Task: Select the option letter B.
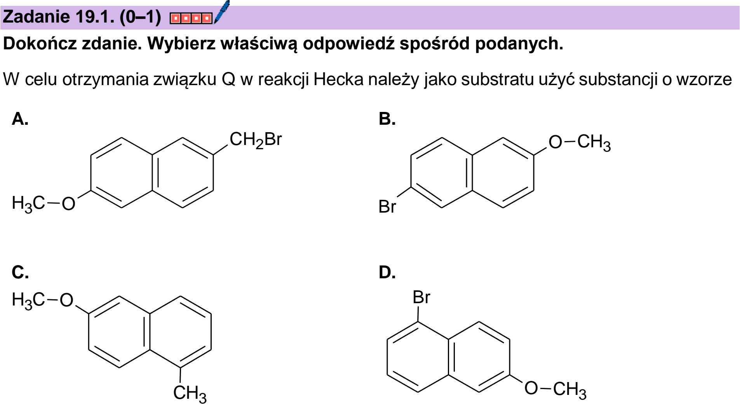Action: coord(387,119)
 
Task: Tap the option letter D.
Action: coord(387,272)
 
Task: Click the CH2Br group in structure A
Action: coord(256,140)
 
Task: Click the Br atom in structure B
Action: coord(387,207)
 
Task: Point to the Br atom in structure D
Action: coord(421,298)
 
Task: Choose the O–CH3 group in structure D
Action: coord(555,389)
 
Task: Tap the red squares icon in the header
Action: coord(191,18)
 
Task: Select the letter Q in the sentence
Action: coord(229,80)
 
